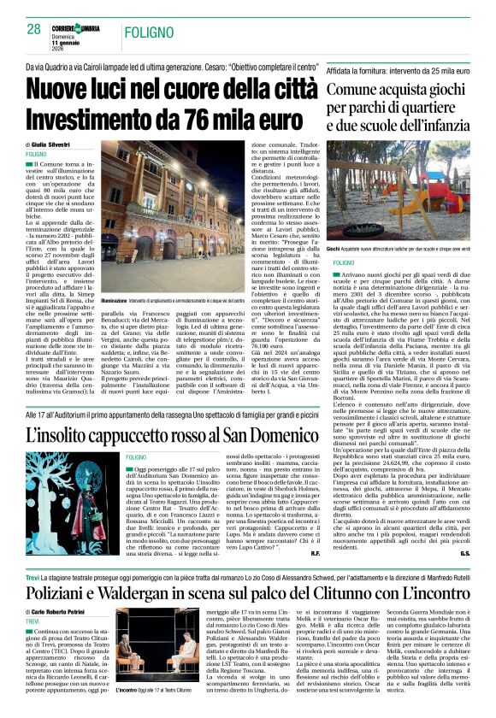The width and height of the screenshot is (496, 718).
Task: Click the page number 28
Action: (x=33, y=29)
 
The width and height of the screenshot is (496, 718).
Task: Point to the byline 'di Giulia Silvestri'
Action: (x=54, y=146)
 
